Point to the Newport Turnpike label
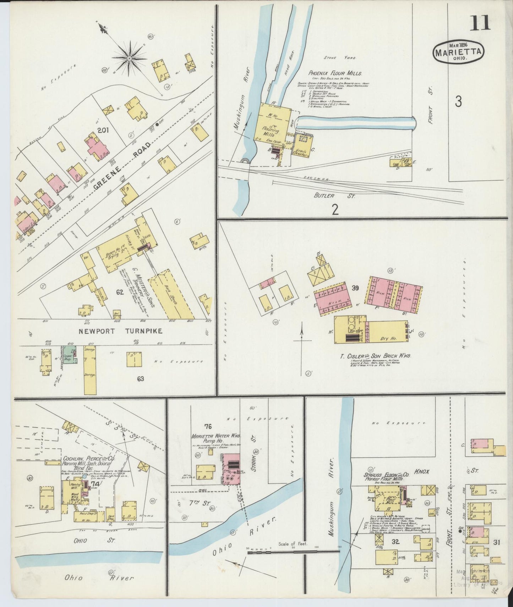point(120,331)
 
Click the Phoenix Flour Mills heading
point(335,73)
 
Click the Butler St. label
point(334,196)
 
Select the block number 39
point(355,288)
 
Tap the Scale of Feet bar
point(293,551)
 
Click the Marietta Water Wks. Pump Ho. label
point(216,438)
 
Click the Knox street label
point(421,472)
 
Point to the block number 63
point(140,379)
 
